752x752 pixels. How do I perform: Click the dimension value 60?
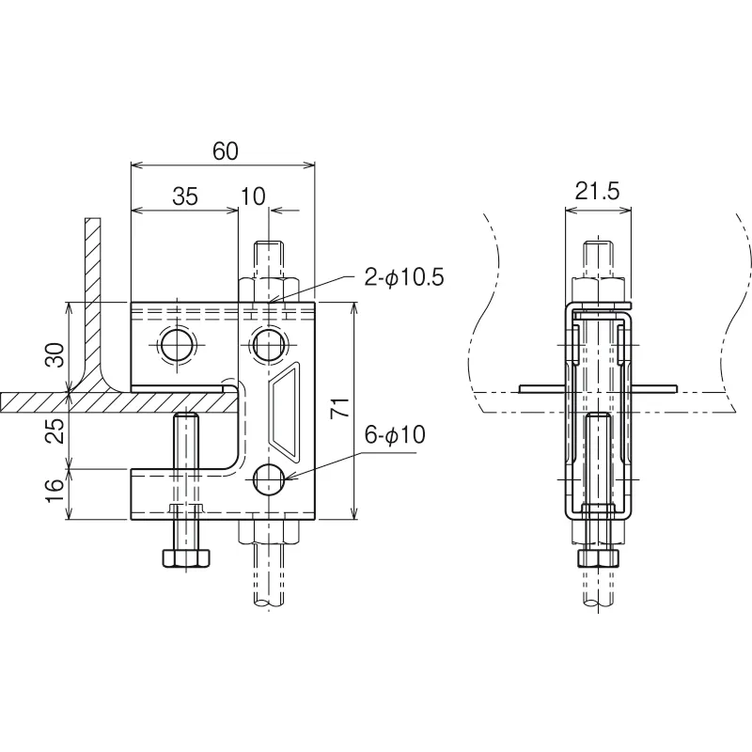click(225, 151)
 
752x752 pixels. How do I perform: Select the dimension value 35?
click(185, 196)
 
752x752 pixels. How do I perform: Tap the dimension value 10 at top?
click(253, 196)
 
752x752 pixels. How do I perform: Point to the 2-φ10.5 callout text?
click(404, 277)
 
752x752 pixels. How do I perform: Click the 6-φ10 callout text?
click(395, 435)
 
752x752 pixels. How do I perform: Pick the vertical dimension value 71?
click(340, 408)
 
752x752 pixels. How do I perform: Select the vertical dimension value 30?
click(55, 355)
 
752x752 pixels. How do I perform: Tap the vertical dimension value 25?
click(55, 431)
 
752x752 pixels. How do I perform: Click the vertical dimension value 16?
click(55, 490)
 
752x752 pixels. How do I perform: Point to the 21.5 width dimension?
click(598, 192)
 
